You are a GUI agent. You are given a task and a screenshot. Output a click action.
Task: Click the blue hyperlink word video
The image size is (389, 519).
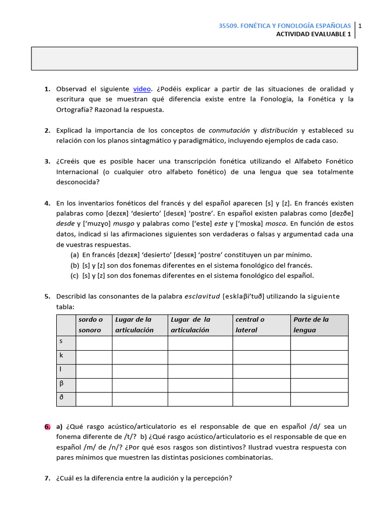click(142, 89)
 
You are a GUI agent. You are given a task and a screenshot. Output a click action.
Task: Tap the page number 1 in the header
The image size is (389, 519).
click(359, 26)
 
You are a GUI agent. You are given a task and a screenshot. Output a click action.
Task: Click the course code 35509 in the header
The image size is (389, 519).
click(228, 26)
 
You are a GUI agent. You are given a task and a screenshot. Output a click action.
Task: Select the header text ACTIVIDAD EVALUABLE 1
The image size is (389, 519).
click(314, 34)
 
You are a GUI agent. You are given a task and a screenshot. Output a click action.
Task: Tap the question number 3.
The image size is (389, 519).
click(47, 162)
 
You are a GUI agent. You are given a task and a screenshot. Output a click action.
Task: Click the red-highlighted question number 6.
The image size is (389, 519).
click(47, 427)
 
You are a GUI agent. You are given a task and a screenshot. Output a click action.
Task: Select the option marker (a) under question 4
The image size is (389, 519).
click(74, 255)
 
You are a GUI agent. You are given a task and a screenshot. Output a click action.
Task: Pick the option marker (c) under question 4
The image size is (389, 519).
click(74, 276)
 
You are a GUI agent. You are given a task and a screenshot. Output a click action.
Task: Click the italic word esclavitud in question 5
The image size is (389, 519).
click(203, 296)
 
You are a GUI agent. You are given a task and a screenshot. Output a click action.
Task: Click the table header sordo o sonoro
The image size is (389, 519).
click(91, 325)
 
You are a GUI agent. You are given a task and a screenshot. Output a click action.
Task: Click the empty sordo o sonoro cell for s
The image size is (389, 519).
click(94, 343)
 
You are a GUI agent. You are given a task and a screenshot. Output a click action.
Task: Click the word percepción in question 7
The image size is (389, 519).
click(211, 478)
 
